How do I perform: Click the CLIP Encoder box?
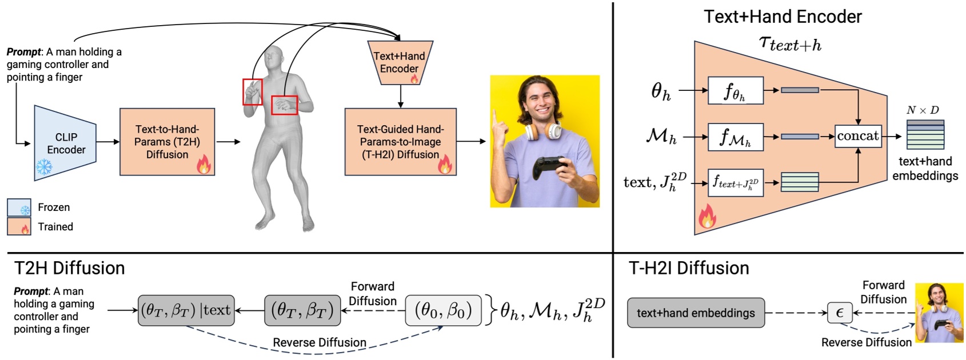[x=65, y=143]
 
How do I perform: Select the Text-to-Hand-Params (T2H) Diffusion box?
[x=167, y=142]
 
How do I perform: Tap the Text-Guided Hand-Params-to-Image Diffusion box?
[x=400, y=142]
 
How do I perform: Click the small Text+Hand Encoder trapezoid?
[x=400, y=62]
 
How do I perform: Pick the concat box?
[x=857, y=136]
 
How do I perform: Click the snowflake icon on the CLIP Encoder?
[x=44, y=167]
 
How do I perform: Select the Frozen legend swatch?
[x=19, y=207]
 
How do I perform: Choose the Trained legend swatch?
[x=19, y=227]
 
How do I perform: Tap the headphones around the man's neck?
[x=544, y=131]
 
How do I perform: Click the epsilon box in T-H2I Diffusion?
[x=839, y=313]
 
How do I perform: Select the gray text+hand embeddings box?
[x=696, y=313]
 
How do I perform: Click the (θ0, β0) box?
[x=444, y=310]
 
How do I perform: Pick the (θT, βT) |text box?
[x=186, y=310]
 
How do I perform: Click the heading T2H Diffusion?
[x=69, y=268]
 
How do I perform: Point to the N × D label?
[x=923, y=110]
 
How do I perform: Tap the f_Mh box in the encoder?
[x=735, y=137]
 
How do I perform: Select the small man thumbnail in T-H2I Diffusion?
[x=939, y=313]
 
